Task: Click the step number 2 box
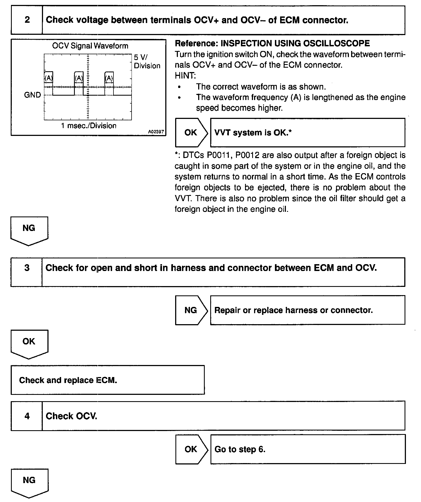click(27, 20)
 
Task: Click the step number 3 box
click(27, 272)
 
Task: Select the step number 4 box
click(27, 416)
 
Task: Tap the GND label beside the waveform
click(32, 95)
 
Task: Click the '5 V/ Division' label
click(147, 62)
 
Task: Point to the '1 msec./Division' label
click(88, 126)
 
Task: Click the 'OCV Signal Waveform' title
click(90, 46)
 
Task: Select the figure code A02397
click(156, 132)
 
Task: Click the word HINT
click(185, 76)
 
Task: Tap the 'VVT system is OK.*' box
click(307, 133)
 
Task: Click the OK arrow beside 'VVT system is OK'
click(191, 133)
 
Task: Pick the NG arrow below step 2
click(29, 230)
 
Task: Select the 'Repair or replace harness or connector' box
click(307, 310)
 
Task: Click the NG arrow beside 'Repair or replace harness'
click(191, 310)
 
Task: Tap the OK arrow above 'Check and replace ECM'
click(29, 343)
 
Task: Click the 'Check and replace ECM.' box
click(108, 380)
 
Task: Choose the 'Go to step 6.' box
click(308, 449)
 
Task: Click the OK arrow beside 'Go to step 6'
click(191, 449)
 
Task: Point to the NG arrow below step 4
click(29, 482)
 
